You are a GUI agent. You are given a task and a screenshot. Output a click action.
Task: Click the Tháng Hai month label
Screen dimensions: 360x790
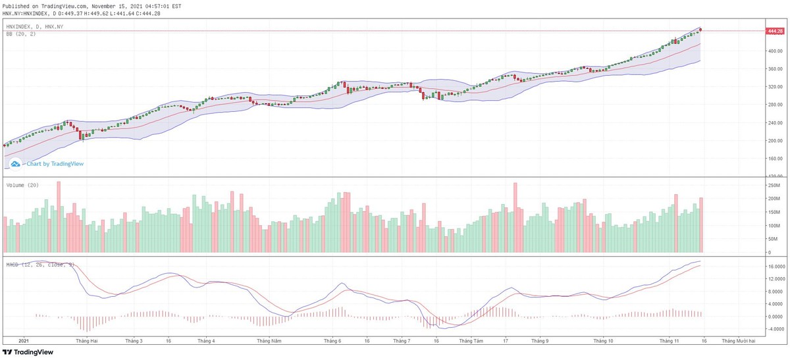[x=87, y=341]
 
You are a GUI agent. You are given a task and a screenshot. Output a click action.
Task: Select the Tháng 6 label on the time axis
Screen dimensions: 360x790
[x=332, y=341]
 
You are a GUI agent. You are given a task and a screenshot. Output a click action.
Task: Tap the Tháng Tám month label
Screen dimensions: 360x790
[x=470, y=341]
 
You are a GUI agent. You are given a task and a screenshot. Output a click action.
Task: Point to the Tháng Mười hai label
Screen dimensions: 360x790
[x=738, y=341]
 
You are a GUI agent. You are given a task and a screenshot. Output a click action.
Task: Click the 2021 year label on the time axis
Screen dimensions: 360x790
[x=24, y=341]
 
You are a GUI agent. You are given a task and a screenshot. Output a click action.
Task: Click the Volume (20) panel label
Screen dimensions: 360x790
[x=22, y=185]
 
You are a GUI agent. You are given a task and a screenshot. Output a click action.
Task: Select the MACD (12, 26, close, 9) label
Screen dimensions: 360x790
[x=40, y=265]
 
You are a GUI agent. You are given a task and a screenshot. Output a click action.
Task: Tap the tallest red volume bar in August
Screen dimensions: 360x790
[x=515, y=218]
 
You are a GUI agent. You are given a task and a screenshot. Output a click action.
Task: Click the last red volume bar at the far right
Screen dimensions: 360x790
[x=702, y=225]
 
